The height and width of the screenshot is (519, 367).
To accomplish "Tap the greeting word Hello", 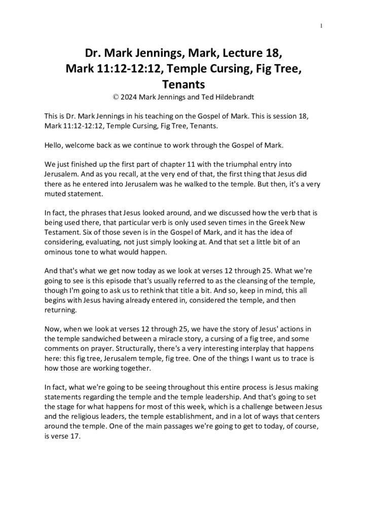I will [x=54, y=146].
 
